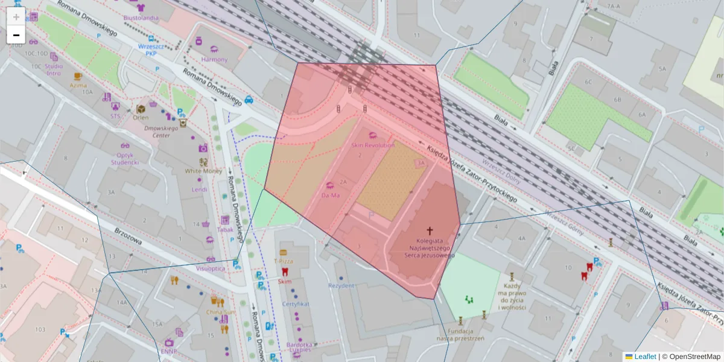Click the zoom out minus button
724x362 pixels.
coord(16,35)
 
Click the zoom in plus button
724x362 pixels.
coord(16,16)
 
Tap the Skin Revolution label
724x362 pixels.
coord(372,145)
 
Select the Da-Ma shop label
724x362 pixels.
coord(330,195)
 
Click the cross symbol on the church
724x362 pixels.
coord(430,230)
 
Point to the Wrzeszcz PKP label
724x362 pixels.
coord(147,49)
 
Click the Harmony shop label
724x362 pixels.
coord(215,60)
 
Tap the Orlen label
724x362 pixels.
coord(141,118)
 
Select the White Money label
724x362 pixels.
coord(203,171)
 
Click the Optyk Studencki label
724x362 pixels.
coord(125,158)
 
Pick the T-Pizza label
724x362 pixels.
coord(283,261)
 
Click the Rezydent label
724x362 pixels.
coord(341,285)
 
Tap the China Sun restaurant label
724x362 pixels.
coord(221,312)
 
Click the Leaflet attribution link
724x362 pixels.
coord(644,357)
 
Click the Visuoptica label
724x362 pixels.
coord(211,268)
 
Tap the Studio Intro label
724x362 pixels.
coord(54,69)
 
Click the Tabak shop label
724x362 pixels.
coord(224,229)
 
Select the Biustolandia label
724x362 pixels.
coord(141,18)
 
